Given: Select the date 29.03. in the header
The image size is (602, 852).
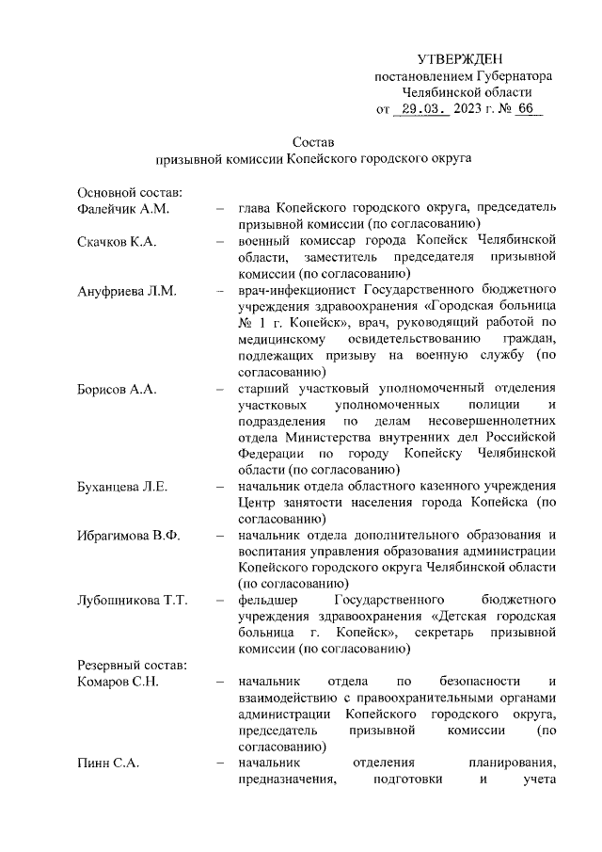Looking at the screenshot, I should pyautogui.click(x=421, y=109).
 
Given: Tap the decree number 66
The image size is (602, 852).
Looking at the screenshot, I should pyautogui.click(x=524, y=109).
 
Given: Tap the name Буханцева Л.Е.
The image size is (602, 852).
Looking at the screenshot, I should pyautogui.click(x=121, y=486).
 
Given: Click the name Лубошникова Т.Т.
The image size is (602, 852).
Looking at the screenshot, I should pyautogui.click(x=133, y=600).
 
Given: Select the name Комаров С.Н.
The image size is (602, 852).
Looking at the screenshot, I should pyautogui.click(x=119, y=681).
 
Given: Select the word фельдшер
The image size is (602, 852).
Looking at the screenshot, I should pyautogui.click(x=268, y=600).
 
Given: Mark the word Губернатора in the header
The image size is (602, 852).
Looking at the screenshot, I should pyautogui.click(x=514, y=76).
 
